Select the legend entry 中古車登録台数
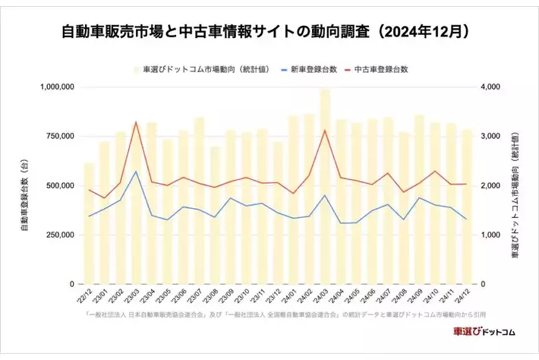point(384,68)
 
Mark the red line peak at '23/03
point(136,122)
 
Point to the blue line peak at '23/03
point(136,172)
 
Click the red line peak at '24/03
point(325,130)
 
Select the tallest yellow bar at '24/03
point(325,190)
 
